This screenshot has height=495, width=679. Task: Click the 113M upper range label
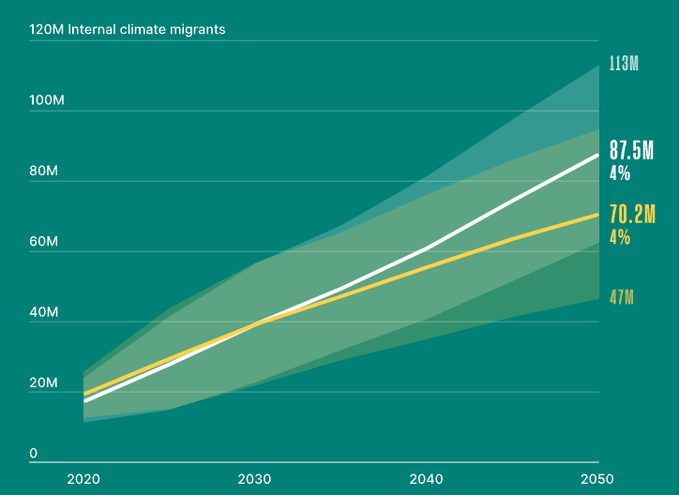624,65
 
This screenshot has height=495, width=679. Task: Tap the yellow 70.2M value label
631,215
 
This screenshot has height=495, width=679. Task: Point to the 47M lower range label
622,298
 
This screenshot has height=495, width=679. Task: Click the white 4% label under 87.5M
620,173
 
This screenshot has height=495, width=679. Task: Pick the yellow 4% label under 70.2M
620,237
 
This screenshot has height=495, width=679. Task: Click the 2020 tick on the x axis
83,478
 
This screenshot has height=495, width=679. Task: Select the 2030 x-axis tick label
255,478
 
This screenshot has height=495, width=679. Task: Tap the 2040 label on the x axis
427,478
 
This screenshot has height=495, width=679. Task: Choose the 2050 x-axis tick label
598,478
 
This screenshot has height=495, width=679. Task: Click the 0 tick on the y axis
34,454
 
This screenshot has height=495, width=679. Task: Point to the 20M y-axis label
44,383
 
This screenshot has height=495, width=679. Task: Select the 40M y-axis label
44,313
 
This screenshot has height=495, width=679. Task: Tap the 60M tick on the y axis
44,243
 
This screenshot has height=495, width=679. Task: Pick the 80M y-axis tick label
44,172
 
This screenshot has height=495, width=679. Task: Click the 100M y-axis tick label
47,101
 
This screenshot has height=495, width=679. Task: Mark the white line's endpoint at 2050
598,155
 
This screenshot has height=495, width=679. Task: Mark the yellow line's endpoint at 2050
598,215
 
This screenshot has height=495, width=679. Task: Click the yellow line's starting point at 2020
84,394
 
